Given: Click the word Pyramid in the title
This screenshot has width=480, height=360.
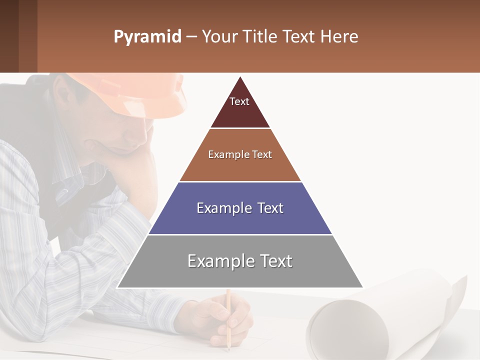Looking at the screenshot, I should [147, 37].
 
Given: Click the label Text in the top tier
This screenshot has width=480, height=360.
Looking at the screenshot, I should [239, 101].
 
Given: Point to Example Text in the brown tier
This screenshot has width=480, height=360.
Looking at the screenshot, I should [240, 154].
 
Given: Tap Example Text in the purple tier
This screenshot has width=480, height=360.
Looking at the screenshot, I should [240, 208].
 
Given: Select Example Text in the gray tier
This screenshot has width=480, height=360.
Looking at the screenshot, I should [240, 261].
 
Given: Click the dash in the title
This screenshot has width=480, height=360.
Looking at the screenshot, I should [191, 37].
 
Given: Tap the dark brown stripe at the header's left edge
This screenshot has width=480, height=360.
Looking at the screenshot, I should [9, 36].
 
